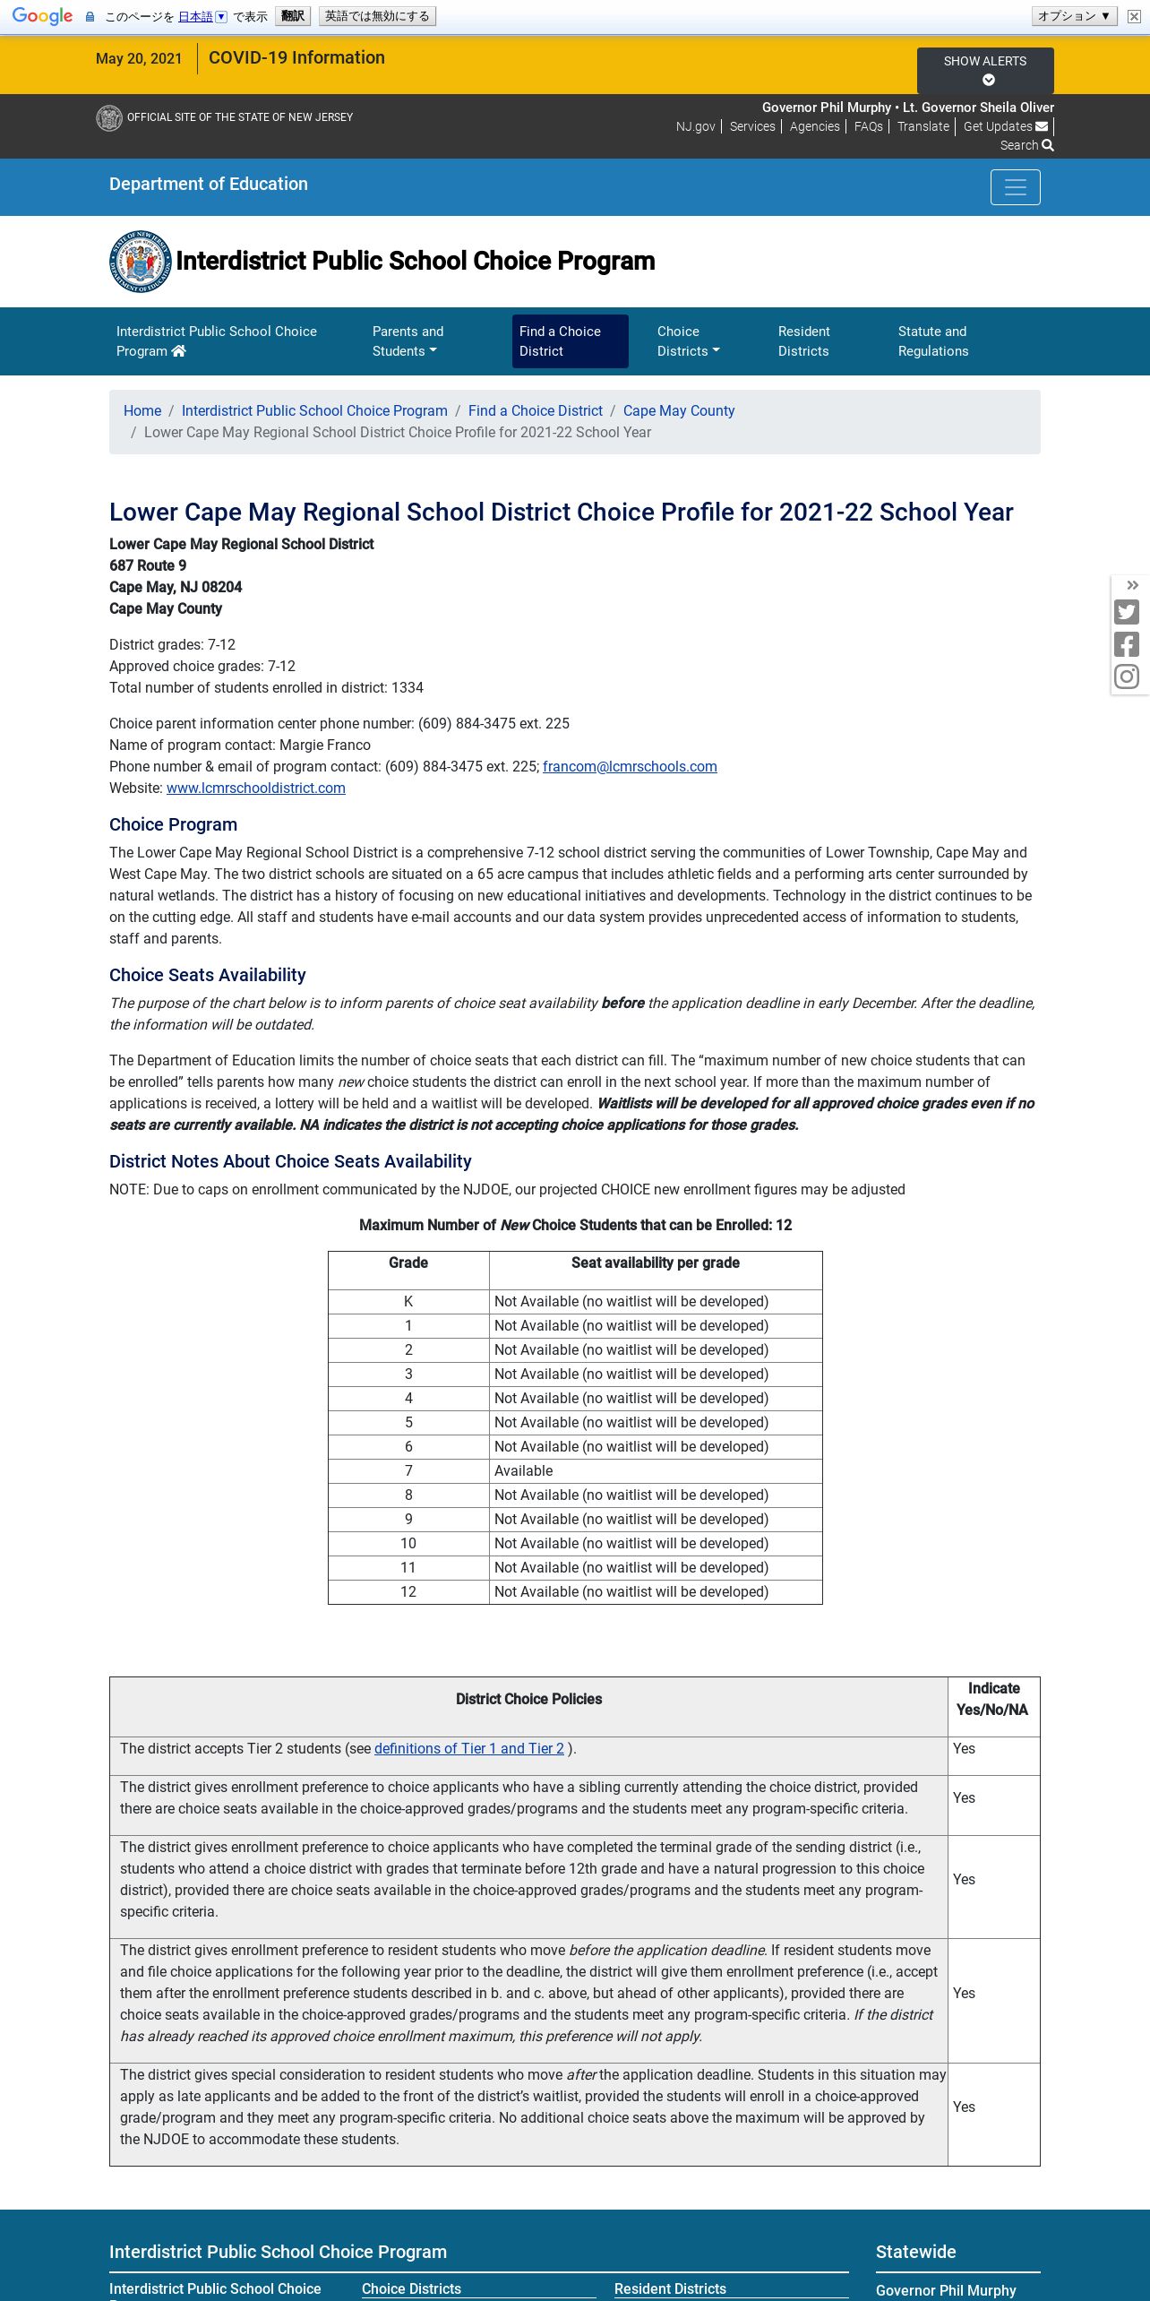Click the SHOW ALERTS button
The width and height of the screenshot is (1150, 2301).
[x=984, y=70]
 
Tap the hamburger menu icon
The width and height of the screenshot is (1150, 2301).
[x=1015, y=187]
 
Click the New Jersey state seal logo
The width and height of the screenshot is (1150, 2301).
[x=140, y=261]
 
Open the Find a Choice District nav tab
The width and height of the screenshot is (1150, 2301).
[x=570, y=341]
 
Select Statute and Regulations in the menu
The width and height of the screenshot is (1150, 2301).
[x=932, y=341]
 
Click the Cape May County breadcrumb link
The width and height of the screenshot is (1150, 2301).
[x=678, y=410]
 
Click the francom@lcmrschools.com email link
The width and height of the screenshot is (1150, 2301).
[x=630, y=766]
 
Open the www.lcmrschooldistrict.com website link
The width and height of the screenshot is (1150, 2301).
[x=256, y=788]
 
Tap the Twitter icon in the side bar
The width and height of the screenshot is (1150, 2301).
[x=1127, y=612]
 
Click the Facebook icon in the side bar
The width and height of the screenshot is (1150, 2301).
[x=1127, y=644]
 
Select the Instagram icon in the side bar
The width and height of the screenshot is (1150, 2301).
[x=1127, y=677]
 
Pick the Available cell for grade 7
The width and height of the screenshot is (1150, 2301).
[x=524, y=1470]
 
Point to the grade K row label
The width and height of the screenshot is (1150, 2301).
[x=408, y=1301]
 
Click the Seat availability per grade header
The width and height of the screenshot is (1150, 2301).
[x=655, y=1263]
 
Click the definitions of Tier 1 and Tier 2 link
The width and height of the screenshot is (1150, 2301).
[x=469, y=1748]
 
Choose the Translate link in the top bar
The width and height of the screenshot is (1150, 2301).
[x=923, y=126]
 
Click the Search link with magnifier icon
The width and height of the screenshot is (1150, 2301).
[x=1026, y=145]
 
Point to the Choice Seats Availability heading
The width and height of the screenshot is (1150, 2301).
[x=208, y=975]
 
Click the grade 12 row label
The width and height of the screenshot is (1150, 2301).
[x=408, y=1591]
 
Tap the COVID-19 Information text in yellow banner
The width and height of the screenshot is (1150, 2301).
[x=296, y=57]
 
